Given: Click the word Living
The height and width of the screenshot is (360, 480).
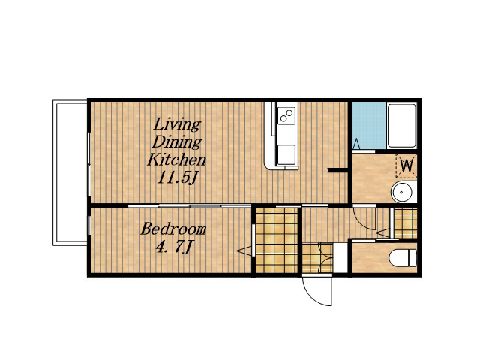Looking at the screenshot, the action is coord(177,125).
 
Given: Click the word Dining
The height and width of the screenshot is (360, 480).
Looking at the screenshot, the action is coord(177,142).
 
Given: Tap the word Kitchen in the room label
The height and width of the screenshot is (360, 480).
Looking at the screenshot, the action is coord(177,160).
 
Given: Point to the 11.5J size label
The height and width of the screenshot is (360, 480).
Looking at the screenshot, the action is coord(176,177).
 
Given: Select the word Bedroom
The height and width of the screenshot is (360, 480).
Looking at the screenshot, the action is coord(173,229).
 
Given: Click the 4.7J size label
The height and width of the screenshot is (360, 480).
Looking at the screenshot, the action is coord(175,247).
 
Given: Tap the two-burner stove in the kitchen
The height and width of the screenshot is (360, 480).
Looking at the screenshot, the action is coord(286,115).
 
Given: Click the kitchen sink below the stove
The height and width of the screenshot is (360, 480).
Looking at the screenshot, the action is coord(286,155).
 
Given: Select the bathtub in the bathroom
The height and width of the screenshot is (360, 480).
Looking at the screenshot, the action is coord(402,125).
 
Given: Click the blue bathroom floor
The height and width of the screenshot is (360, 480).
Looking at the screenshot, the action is coord(369,125).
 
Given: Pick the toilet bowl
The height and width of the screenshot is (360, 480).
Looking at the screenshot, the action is coord(403,257).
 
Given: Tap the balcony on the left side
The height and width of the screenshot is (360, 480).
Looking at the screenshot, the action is coord(70,172).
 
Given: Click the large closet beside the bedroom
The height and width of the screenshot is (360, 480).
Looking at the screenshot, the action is coord(277,240).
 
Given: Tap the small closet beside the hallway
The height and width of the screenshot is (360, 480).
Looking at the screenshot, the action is coord(405,223).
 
